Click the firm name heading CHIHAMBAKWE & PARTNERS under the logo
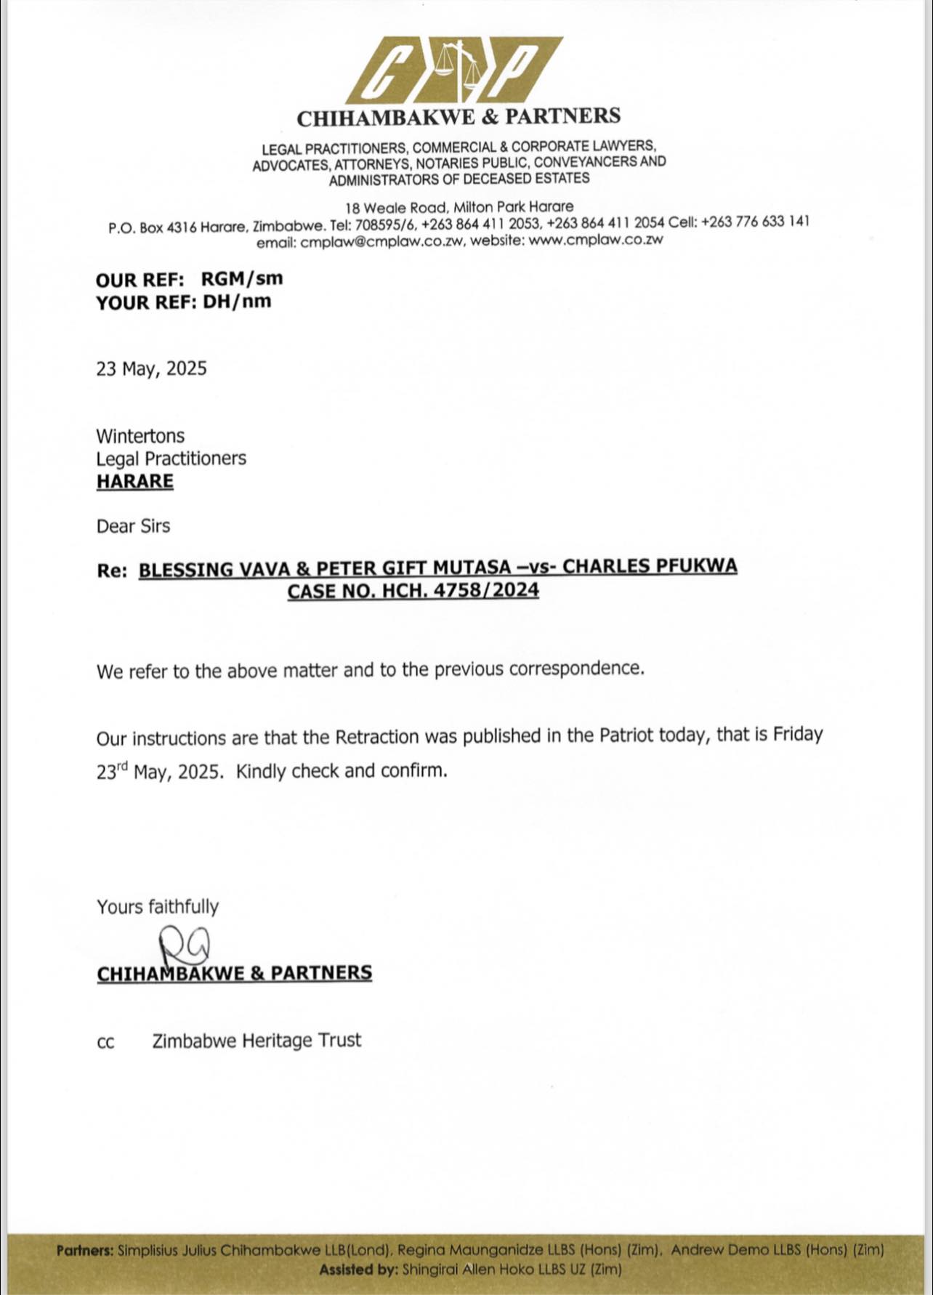(459, 116)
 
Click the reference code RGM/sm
(242, 278)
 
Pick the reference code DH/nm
(237, 302)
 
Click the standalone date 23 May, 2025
(151, 368)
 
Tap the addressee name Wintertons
(140, 436)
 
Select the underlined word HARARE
(135, 481)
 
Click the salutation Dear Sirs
(133, 525)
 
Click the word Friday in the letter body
(797, 734)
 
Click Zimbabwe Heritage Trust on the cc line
(257, 1041)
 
